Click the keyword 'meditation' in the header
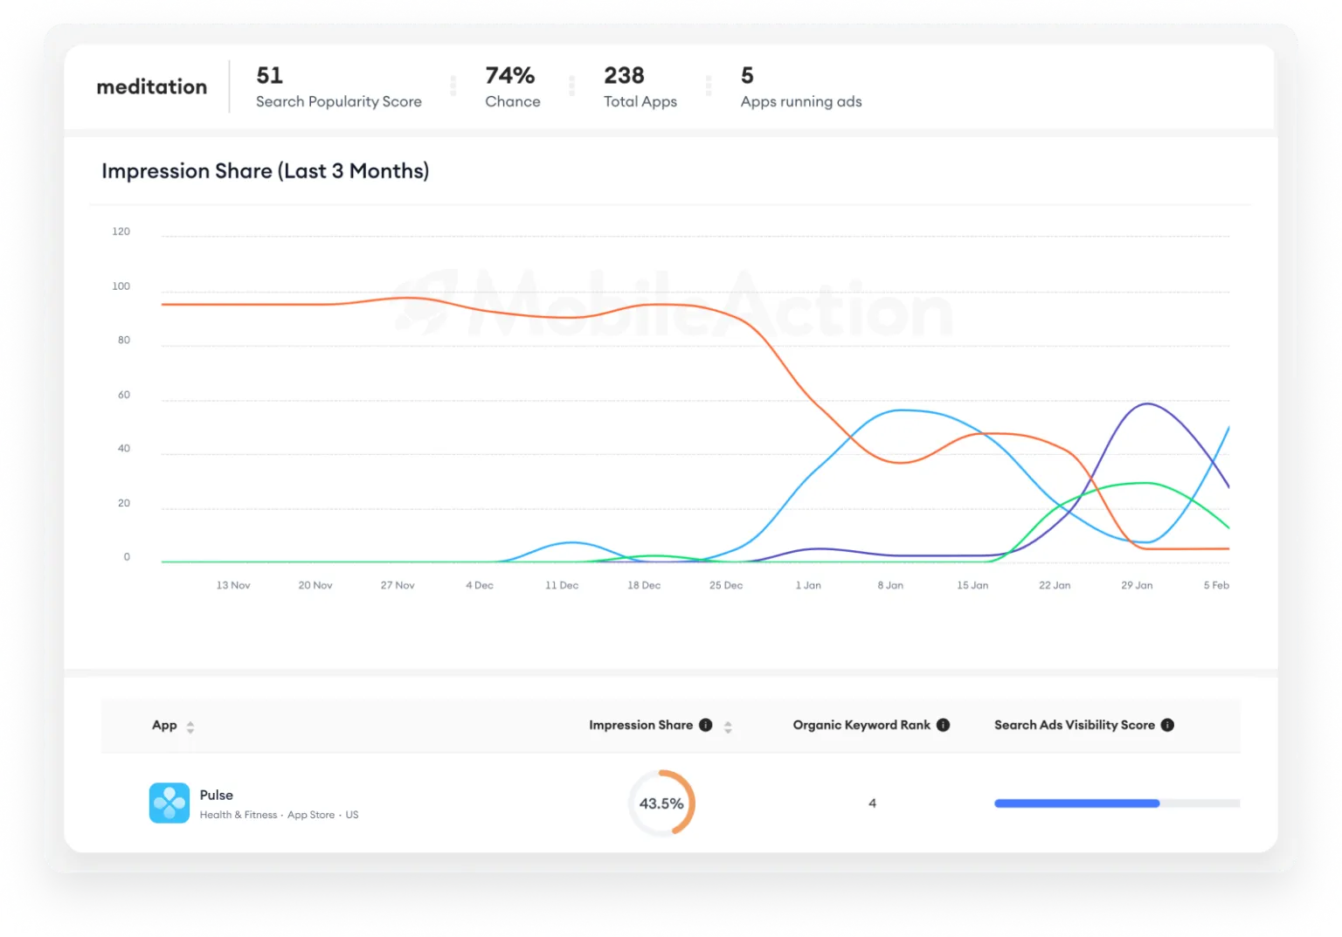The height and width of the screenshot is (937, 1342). tap(151, 86)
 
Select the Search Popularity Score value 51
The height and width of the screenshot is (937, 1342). tap(269, 76)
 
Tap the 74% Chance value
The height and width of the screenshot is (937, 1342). tap(509, 76)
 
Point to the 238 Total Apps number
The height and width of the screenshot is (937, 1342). tap(624, 76)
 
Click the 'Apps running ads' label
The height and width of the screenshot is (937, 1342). tap(800, 102)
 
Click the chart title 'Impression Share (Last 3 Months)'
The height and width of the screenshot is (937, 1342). tap(265, 171)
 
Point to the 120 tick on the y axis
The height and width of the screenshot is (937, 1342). tap(121, 232)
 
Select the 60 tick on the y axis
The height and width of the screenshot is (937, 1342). tap(124, 396)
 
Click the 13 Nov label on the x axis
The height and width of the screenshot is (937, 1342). tap(233, 586)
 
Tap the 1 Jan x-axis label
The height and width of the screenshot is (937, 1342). tap(808, 586)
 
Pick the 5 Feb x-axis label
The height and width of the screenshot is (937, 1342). tap(1216, 586)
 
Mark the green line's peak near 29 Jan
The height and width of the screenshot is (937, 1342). tap(1141, 483)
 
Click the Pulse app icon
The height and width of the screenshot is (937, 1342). tap(169, 803)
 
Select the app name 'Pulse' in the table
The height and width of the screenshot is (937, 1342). tap(216, 796)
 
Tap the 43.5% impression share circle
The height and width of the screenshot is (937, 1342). tap(661, 803)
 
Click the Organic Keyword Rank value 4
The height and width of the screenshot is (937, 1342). tap(872, 803)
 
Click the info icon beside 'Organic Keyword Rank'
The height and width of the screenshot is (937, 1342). tap(943, 726)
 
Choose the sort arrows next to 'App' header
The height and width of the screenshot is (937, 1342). tap(190, 727)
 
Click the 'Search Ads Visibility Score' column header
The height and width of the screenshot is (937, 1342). tap(1074, 726)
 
